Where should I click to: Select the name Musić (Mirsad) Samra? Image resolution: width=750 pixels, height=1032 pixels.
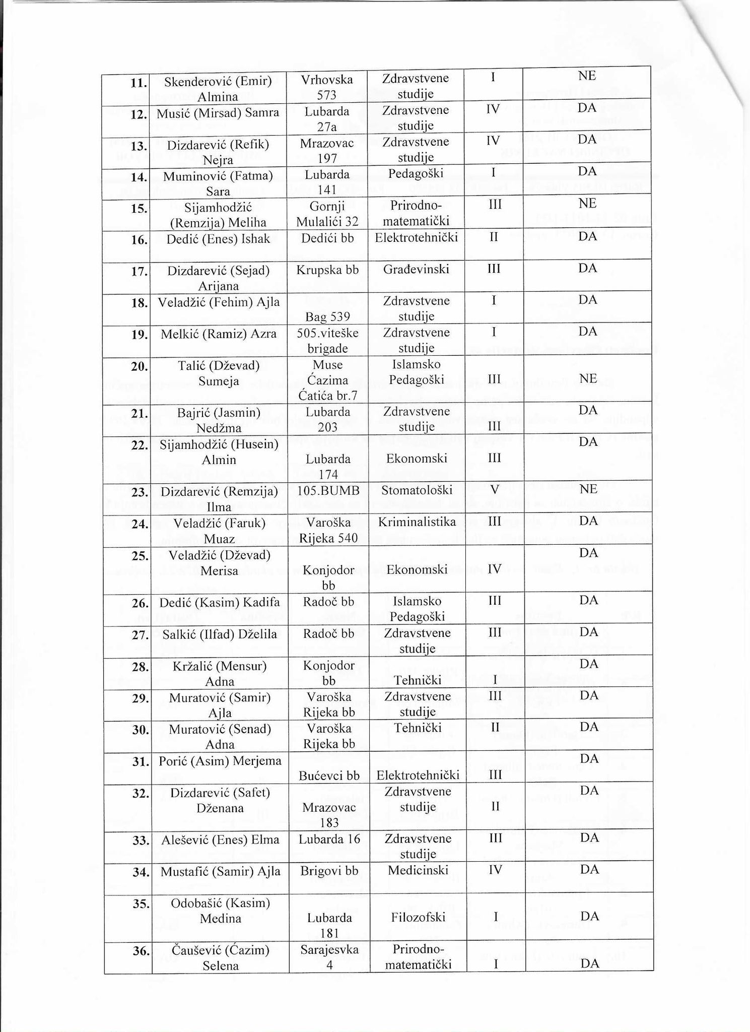pos(218,113)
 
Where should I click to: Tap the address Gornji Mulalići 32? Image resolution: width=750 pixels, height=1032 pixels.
pos(327,215)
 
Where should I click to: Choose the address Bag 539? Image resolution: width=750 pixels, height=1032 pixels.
pos(327,316)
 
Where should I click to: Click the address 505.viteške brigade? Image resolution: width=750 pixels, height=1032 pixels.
pos(327,340)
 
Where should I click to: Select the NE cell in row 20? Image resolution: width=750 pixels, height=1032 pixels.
pos(587,379)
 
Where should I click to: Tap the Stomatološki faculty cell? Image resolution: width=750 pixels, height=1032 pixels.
pos(417,490)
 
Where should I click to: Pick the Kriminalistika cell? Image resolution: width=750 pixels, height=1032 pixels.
pos(417,522)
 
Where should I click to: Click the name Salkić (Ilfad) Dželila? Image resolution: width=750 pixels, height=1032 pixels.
pos(220,634)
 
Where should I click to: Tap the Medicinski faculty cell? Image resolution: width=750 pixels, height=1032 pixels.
pos(418,870)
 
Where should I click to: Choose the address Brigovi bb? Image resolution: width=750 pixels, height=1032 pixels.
pos(328,870)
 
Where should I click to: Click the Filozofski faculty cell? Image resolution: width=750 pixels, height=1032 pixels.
pos(418,917)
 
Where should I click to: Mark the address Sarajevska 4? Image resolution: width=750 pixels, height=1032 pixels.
pos(329,957)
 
